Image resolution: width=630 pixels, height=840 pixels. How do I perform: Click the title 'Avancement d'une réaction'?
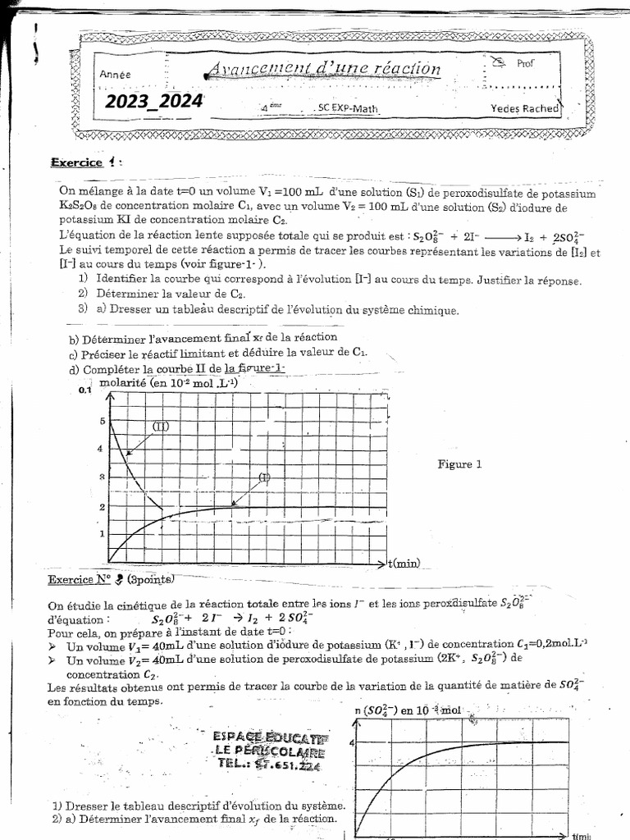pyautogui.click(x=322, y=70)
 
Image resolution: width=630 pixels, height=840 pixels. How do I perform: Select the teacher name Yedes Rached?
pyautogui.click(x=524, y=108)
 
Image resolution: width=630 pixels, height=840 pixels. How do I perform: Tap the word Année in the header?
pyautogui.click(x=116, y=75)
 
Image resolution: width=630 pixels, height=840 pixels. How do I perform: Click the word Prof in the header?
pyautogui.click(x=526, y=62)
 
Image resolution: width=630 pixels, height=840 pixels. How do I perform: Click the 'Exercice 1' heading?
pyautogui.click(x=85, y=162)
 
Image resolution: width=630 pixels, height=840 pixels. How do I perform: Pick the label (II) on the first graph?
pyautogui.click(x=161, y=426)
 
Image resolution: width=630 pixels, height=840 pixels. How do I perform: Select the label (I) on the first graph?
pyautogui.click(x=264, y=477)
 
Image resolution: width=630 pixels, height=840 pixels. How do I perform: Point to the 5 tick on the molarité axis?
pyautogui.click(x=103, y=422)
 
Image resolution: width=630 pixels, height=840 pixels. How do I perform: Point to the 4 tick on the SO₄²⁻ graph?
pyautogui.click(x=352, y=742)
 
